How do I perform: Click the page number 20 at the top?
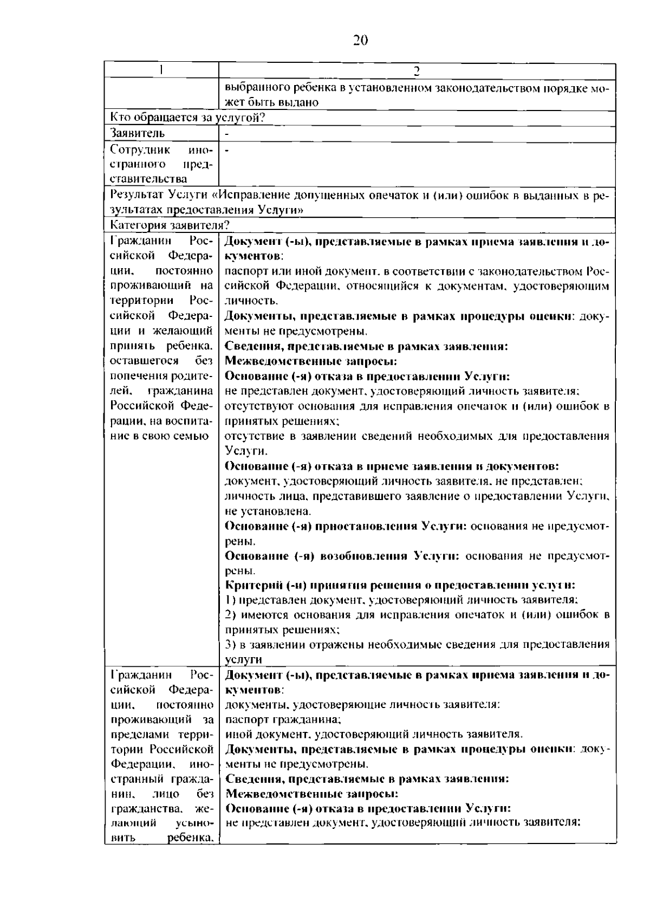[x=360, y=41]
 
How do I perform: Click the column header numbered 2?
[x=417, y=71]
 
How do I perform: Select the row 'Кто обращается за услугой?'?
[x=187, y=118]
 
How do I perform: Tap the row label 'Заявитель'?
[x=138, y=133]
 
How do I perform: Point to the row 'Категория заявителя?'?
[x=170, y=225]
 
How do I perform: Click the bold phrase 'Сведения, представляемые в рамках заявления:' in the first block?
[x=366, y=346]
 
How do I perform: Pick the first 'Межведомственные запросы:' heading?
[x=311, y=361]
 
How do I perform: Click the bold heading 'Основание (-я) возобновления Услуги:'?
[x=342, y=556]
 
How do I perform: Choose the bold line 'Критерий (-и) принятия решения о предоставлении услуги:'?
[x=400, y=585]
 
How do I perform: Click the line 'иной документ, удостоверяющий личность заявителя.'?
[x=374, y=735]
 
